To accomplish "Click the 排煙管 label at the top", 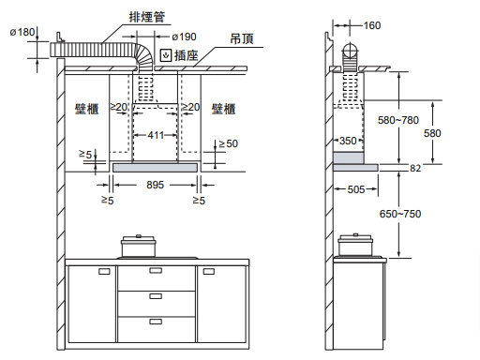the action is pyautogui.click(x=147, y=17).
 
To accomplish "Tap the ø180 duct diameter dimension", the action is pyautogui.click(x=22, y=32).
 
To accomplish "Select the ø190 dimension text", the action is pyautogui.click(x=184, y=37).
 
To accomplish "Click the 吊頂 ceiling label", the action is pyautogui.click(x=242, y=38).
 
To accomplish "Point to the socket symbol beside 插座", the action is pyautogui.click(x=166, y=55).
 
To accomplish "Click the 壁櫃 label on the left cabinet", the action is pyautogui.click(x=86, y=109).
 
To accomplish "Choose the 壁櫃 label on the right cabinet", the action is pyautogui.click(x=223, y=109).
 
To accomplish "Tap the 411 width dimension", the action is pyautogui.click(x=156, y=135).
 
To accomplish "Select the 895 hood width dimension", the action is pyautogui.click(x=155, y=185).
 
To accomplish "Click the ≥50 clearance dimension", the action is pyautogui.click(x=229, y=143).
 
